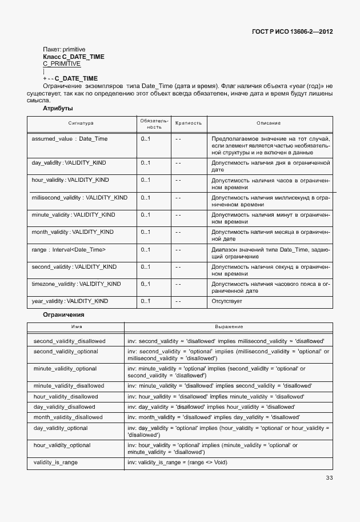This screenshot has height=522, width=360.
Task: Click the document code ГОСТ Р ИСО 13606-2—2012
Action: [293, 31]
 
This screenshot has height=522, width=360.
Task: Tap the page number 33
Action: [329, 478]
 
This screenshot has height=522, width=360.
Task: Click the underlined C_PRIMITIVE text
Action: [62, 64]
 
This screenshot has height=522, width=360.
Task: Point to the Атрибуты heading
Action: [58, 108]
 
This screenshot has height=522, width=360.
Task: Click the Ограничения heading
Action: [64, 314]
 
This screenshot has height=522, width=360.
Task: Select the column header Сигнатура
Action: [81, 123]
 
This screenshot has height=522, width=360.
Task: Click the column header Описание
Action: [269, 123]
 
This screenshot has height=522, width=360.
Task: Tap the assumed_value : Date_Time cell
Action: [69, 139]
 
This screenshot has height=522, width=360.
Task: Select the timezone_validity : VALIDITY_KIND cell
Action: [76, 284]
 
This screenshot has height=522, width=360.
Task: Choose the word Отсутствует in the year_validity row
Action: [227, 301]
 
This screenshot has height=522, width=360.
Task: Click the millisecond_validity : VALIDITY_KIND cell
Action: [79, 197]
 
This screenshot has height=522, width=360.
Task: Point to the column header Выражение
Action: [229, 326]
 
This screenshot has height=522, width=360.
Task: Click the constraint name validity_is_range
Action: [55, 461]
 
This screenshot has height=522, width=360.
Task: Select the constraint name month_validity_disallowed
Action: [68, 417]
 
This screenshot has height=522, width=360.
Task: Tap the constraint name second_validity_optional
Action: [66, 351]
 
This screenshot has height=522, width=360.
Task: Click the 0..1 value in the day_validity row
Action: [145, 163]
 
